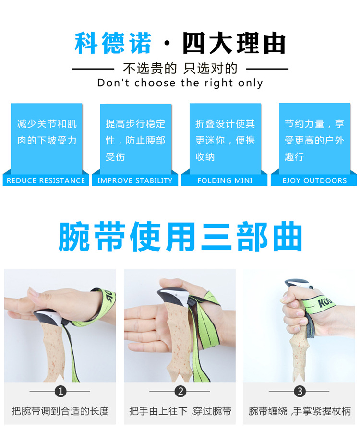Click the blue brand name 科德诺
tap(113, 43)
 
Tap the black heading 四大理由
tap(234, 43)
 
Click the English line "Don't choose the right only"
tap(180, 83)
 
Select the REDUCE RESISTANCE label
tap(46, 180)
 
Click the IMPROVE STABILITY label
tap(135, 180)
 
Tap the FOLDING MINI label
tap(225, 180)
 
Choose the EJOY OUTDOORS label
tap(314, 180)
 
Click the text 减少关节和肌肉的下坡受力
tap(47, 132)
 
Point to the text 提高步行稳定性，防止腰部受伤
tap(135, 140)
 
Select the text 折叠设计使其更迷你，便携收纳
tap(225, 140)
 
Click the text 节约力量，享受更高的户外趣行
tap(314, 140)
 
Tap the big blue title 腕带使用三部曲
tap(180, 237)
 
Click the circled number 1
tap(60, 391)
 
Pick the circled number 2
tap(180, 391)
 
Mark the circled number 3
tap(300, 391)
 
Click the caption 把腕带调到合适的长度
tap(60, 411)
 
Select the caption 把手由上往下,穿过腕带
tap(180, 411)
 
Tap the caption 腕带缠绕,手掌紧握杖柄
tap(300, 411)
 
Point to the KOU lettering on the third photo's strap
tap(325, 302)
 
